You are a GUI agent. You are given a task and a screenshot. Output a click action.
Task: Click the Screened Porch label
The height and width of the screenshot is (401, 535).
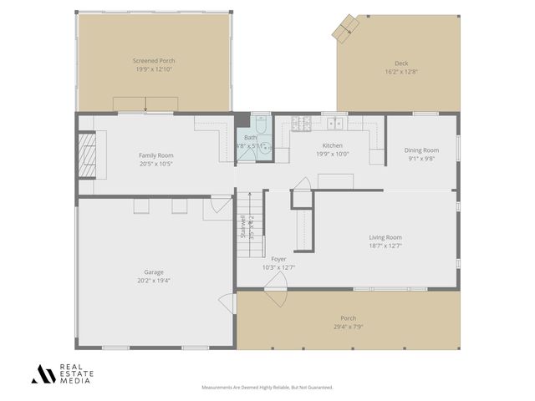154,61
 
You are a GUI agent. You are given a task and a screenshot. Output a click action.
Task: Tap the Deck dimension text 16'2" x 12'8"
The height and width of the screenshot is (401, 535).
401,73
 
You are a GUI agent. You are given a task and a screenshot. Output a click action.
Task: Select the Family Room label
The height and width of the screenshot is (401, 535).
155,155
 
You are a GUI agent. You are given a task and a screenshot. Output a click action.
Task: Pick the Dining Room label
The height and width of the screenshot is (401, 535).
422,150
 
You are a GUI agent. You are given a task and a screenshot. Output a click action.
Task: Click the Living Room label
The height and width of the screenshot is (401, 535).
385,237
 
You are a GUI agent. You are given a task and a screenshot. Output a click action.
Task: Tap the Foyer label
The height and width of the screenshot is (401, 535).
279,259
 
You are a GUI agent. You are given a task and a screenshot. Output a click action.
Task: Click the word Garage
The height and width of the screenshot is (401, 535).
153,272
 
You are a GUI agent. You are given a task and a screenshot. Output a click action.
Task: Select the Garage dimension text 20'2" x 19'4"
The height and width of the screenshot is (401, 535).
153,281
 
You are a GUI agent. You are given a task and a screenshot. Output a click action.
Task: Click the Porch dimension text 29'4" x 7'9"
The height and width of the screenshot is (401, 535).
348,327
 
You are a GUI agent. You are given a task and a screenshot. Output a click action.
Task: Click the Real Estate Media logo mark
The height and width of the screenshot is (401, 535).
43,373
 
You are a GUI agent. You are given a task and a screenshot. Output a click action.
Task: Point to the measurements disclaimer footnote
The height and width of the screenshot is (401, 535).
267,388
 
